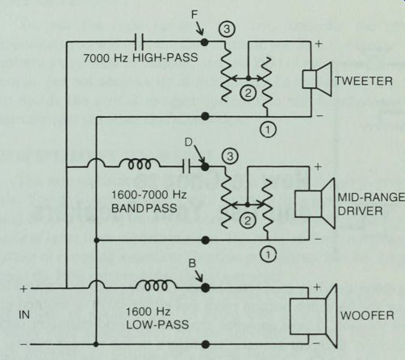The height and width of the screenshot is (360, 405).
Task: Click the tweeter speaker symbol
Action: point(317,79)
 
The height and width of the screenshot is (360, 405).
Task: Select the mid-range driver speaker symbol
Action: point(315,203)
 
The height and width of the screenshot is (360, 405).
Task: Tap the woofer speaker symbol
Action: point(313,316)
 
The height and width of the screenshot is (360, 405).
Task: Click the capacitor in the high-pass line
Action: point(139,42)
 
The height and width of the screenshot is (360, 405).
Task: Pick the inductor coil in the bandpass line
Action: point(140,164)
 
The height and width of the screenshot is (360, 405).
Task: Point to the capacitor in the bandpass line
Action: point(186,166)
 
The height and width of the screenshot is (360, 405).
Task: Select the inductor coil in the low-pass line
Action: point(156,285)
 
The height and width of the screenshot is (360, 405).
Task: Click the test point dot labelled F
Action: point(204,42)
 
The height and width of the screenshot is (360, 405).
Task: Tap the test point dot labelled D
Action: point(205,167)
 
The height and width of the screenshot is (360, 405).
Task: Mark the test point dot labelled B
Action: point(206,287)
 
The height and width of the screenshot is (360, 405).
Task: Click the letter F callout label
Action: point(194,15)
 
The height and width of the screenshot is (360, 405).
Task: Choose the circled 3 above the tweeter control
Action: point(227,29)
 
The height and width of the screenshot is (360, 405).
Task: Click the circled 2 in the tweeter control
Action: point(248,93)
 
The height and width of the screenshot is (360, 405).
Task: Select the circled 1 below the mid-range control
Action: point(268,254)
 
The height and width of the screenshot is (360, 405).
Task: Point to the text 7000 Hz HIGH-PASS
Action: point(140,58)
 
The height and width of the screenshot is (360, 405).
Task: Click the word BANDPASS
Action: point(144,208)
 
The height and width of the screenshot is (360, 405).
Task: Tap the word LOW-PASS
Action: point(157,324)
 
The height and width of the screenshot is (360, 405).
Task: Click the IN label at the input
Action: point(24,315)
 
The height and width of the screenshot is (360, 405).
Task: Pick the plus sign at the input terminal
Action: point(23,289)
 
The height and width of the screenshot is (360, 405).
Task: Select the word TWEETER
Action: point(363,81)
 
